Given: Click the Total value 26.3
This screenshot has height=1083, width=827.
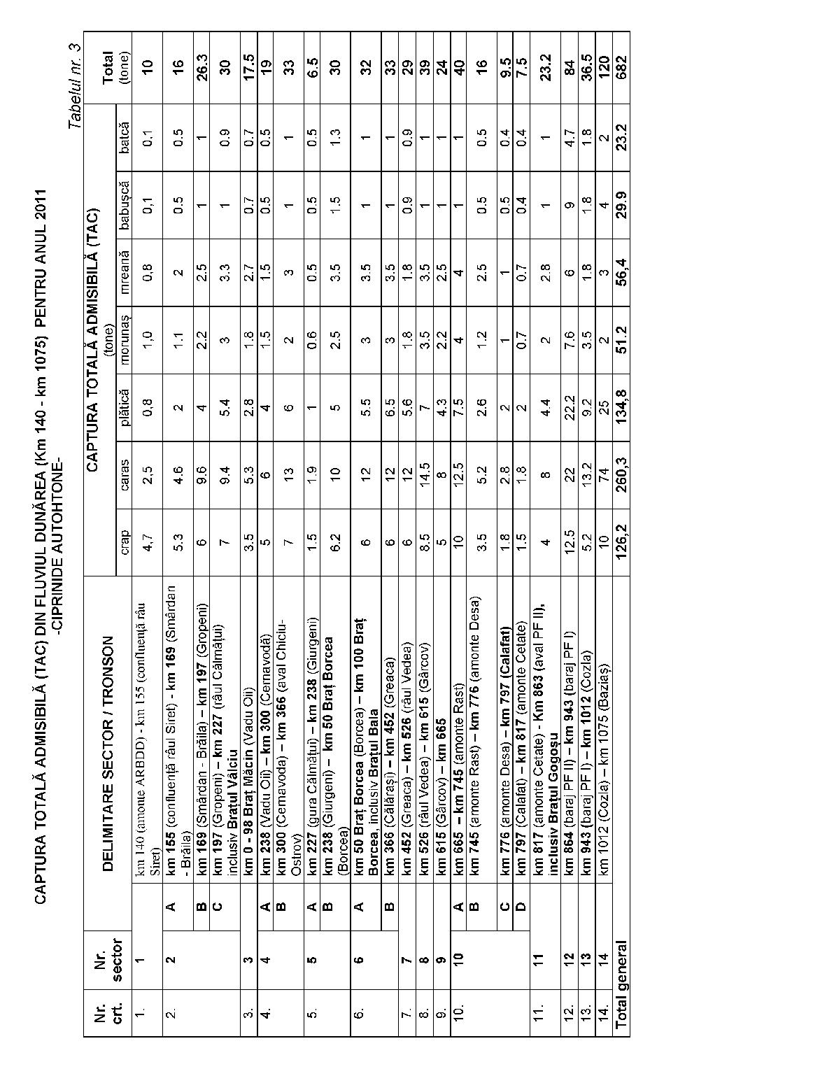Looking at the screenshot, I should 201,66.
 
